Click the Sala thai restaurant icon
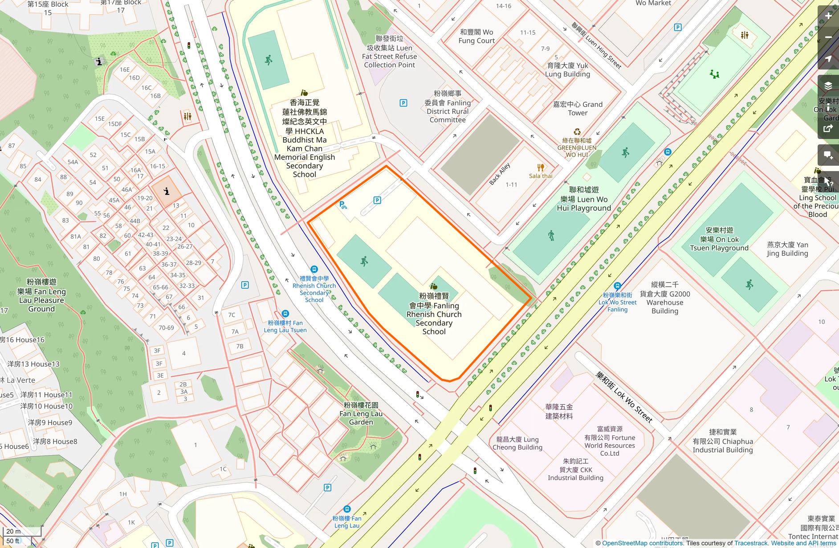click(x=540, y=168)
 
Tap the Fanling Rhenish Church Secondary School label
click(x=434, y=314)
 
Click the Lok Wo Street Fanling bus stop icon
click(x=617, y=286)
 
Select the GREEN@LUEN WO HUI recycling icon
click(x=577, y=132)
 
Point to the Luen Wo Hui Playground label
click(x=584, y=199)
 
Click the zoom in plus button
click(x=828, y=16)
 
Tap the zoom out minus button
click(x=828, y=37)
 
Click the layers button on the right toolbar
click(x=828, y=86)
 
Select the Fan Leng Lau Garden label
click(x=361, y=413)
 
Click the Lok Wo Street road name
click(x=624, y=397)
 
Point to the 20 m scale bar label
click(x=13, y=531)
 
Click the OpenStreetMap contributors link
click(x=642, y=543)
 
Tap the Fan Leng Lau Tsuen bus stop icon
click(x=285, y=314)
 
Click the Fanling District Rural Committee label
click(x=448, y=106)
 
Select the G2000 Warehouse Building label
click(x=664, y=298)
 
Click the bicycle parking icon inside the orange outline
click(x=343, y=205)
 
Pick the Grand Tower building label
click(x=578, y=108)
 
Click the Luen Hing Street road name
click(x=596, y=45)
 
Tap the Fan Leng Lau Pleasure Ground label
click(x=41, y=295)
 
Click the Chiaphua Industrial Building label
click(x=722, y=441)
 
